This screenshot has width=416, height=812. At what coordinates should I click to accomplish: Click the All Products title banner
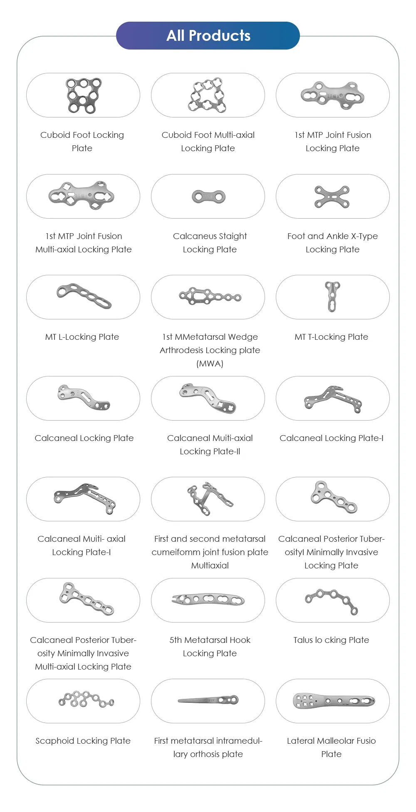(208, 36)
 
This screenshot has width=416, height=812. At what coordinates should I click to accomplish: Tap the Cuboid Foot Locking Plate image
(84, 95)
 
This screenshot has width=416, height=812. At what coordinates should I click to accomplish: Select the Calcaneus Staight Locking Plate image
(209, 197)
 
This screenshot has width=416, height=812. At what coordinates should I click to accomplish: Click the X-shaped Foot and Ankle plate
(332, 197)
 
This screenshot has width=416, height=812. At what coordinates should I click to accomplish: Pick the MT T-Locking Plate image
(332, 296)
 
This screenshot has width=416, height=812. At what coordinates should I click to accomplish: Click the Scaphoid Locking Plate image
(86, 700)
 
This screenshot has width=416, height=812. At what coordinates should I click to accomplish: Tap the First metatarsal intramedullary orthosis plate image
(208, 700)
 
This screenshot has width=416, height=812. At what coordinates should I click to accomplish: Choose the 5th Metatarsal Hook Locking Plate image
(208, 600)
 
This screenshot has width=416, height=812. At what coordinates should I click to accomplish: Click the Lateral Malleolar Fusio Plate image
(334, 701)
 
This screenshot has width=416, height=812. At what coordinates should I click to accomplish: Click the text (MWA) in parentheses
(210, 364)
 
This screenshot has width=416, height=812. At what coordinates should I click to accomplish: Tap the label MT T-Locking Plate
(332, 337)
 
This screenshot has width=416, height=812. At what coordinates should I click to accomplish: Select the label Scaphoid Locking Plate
(83, 741)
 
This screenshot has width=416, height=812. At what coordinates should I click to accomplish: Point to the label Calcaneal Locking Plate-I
(332, 438)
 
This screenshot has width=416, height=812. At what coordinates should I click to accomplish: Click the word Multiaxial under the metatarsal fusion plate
(210, 565)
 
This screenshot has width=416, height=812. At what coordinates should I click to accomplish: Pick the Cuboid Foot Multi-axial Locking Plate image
(208, 95)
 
